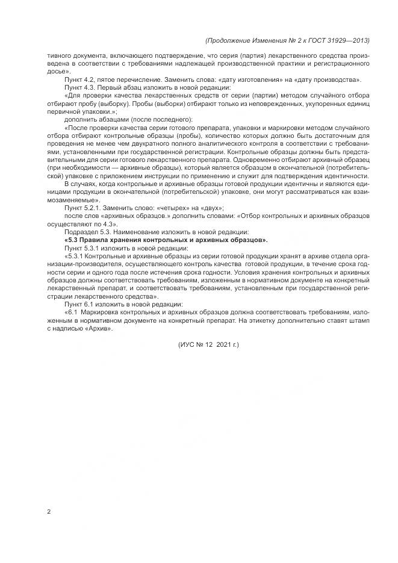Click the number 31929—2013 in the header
(346, 41)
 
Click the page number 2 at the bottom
(49, 511)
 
